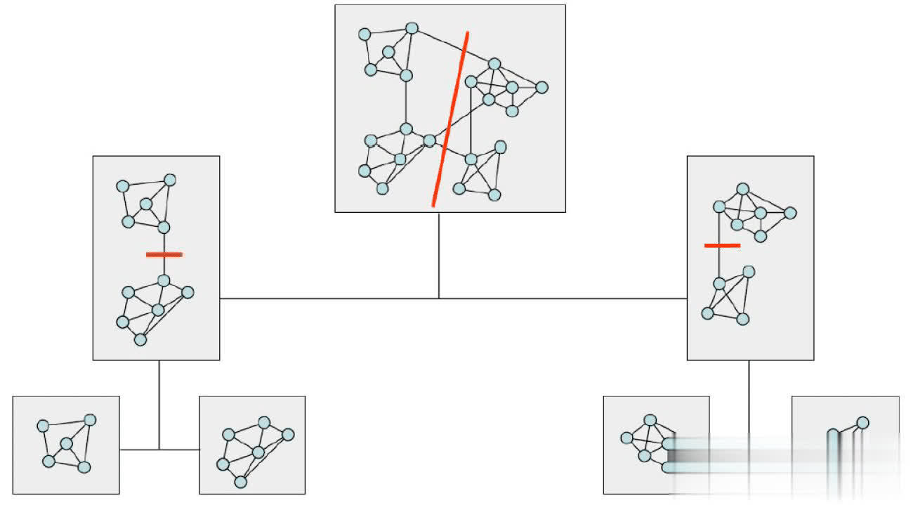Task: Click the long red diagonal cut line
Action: [450, 119]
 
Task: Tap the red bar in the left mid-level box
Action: [164, 254]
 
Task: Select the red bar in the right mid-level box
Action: [722, 245]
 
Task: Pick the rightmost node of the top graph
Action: [541, 87]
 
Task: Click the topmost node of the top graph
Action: [412, 28]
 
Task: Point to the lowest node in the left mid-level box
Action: [140, 340]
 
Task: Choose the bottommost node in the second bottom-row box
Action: [240, 482]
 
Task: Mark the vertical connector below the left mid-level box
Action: [159, 404]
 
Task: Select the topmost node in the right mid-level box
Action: [742, 188]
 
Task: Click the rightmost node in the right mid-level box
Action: [790, 212]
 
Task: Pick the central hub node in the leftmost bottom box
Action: [67, 444]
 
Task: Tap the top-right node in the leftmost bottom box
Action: [89, 419]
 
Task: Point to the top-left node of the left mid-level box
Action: [122, 186]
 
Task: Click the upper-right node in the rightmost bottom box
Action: [863, 423]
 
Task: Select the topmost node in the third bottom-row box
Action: [650, 420]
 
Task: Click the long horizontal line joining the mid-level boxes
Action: [453, 299]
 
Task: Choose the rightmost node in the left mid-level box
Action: [188, 292]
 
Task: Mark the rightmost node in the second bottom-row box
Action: [288, 434]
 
